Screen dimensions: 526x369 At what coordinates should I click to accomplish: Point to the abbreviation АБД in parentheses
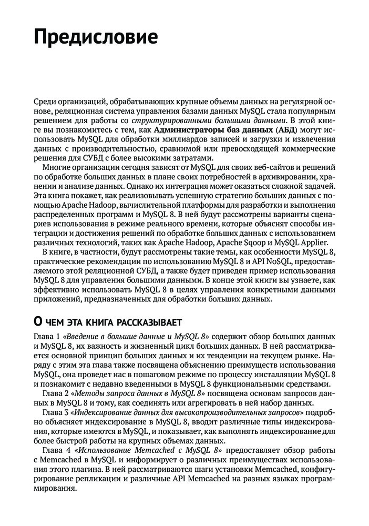click(x=286, y=130)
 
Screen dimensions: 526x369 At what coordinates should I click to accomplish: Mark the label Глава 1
click(x=46, y=336)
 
